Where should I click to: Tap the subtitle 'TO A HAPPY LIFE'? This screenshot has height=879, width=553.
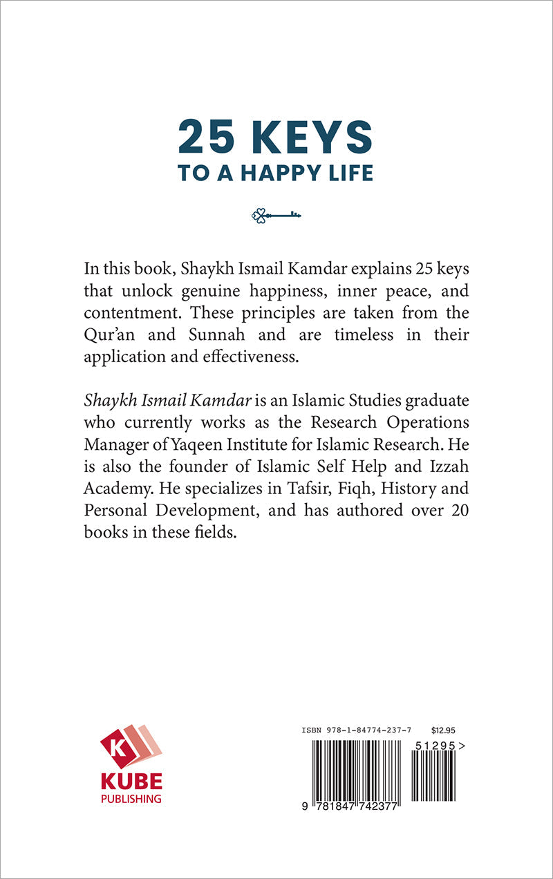[275, 173]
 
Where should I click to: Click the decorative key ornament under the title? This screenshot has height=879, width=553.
[276, 216]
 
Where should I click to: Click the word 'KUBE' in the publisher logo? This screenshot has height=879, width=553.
[131, 782]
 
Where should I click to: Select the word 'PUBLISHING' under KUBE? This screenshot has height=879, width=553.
[131, 799]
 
